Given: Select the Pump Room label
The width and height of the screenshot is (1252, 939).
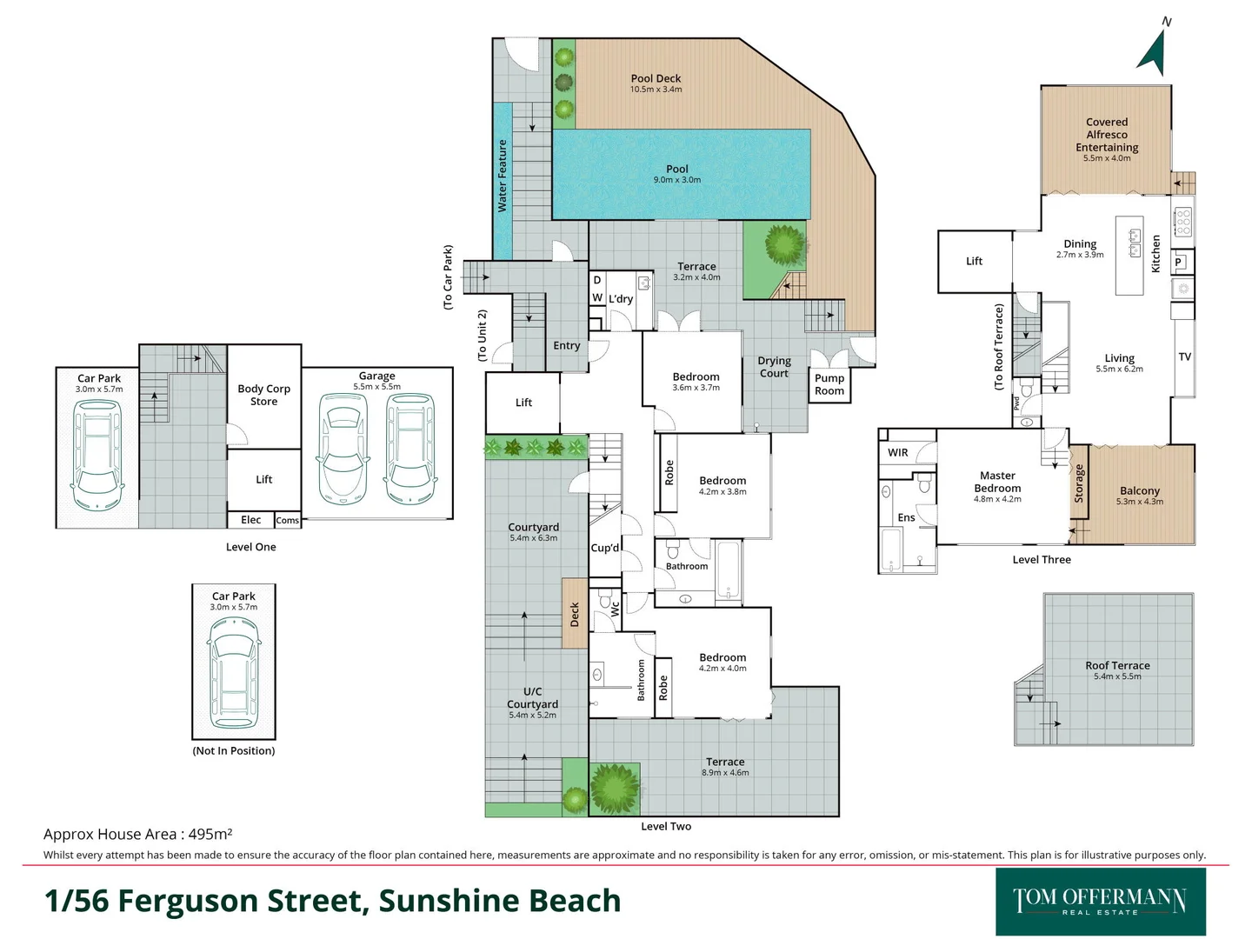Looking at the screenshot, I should (x=829, y=384).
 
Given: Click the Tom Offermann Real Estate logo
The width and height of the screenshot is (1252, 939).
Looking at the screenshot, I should (x=1100, y=901).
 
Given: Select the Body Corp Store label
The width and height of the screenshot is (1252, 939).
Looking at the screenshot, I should (x=263, y=395).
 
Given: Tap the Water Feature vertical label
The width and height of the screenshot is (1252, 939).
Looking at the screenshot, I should (x=502, y=176).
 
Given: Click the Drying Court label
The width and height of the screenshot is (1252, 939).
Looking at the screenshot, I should (x=774, y=367).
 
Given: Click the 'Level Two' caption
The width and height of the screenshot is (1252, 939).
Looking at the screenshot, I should (x=666, y=826).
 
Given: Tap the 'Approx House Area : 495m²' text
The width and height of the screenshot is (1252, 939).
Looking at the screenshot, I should (x=137, y=834).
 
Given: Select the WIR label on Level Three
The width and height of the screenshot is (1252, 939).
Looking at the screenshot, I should (x=898, y=452).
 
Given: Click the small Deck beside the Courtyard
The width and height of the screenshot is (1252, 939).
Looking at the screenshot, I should (x=575, y=614).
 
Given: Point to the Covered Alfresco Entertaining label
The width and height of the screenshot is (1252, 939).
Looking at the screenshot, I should (x=1106, y=136).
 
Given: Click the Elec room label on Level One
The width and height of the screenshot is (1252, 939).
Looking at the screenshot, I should (x=250, y=520).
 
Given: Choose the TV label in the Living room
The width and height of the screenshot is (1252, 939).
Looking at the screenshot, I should (x=1184, y=356).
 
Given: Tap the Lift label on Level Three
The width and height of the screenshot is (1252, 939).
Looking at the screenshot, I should (x=974, y=261).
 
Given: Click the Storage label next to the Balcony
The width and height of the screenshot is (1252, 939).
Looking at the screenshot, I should (x=1079, y=483).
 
